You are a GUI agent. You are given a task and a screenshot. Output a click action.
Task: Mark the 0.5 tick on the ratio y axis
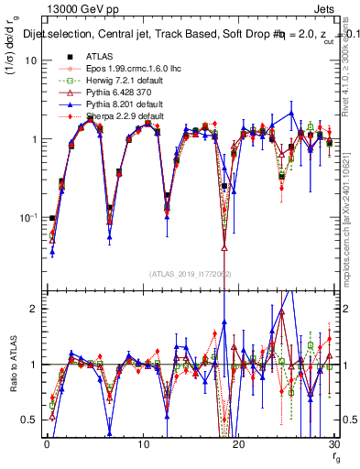click(31, 420)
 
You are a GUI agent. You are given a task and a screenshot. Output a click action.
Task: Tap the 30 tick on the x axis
click(333, 444)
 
